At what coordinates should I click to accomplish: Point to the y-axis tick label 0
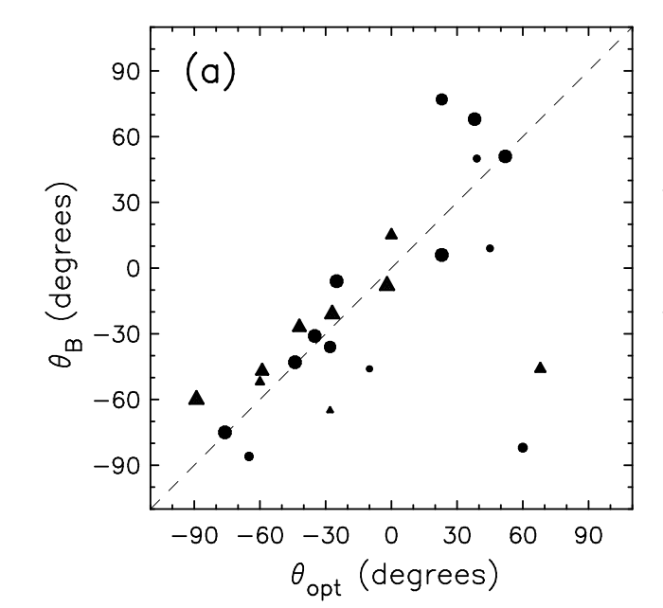pos(131,268)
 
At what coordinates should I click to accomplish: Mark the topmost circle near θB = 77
pos(441,99)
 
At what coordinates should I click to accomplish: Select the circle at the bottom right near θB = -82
pos(523,447)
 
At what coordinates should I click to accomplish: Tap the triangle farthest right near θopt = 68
pos(540,367)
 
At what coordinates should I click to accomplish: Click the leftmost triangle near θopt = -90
pos(196,398)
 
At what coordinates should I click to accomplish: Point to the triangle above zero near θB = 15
pos(391,234)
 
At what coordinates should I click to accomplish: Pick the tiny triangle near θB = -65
pos(330,410)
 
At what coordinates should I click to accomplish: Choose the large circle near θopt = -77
pos(224,432)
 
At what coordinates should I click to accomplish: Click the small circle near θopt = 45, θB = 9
pos(490,248)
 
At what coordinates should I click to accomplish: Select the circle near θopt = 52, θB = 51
pos(505,156)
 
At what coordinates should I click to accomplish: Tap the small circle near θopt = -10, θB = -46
pos(369,368)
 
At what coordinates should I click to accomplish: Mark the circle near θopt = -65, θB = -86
pos(249,456)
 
